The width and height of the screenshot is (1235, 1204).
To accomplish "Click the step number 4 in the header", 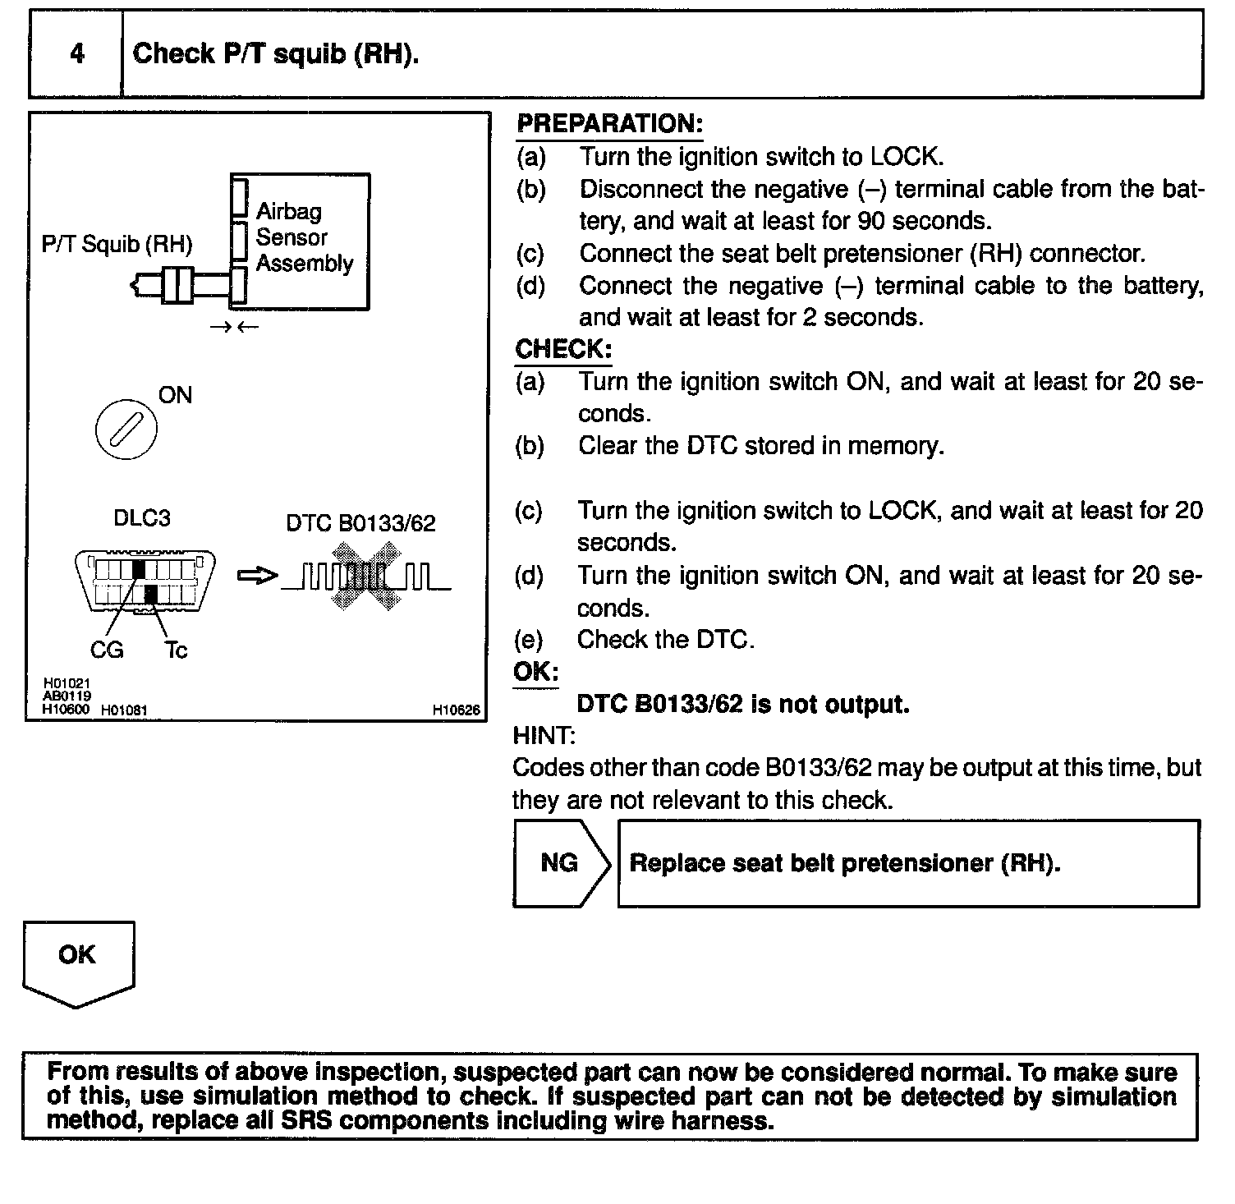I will click(76, 54).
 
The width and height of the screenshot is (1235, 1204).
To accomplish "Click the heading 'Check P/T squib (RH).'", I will click(275, 54).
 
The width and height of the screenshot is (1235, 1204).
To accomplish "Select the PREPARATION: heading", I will click(609, 124).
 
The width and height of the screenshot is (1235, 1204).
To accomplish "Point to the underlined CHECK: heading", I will click(563, 349).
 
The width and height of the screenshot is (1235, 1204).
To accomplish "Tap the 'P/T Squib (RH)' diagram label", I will click(117, 244).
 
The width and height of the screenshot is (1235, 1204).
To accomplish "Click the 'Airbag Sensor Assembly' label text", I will click(303, 237).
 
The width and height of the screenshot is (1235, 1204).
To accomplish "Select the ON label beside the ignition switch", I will click(175, 395).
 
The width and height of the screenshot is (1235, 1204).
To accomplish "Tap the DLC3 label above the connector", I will click(141, 518).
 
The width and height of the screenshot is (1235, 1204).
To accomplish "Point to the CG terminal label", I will click(107, 650).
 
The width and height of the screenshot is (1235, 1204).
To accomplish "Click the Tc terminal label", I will click(176, 650).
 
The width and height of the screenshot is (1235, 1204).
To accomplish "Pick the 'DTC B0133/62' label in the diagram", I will click(360, 523).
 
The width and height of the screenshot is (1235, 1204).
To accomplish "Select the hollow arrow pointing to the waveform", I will click(257, 577).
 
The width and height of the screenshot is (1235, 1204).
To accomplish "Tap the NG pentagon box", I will click(561, 863).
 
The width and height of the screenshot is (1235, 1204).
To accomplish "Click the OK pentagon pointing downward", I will click(77, 961).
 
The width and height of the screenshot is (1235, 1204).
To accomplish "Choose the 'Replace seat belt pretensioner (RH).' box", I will click(908, 863).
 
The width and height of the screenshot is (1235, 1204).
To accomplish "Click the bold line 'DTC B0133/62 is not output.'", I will click(743, 704).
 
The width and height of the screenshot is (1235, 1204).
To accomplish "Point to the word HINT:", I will click(544, 735).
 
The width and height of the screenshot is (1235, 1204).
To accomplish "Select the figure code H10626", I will click(457, 710).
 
